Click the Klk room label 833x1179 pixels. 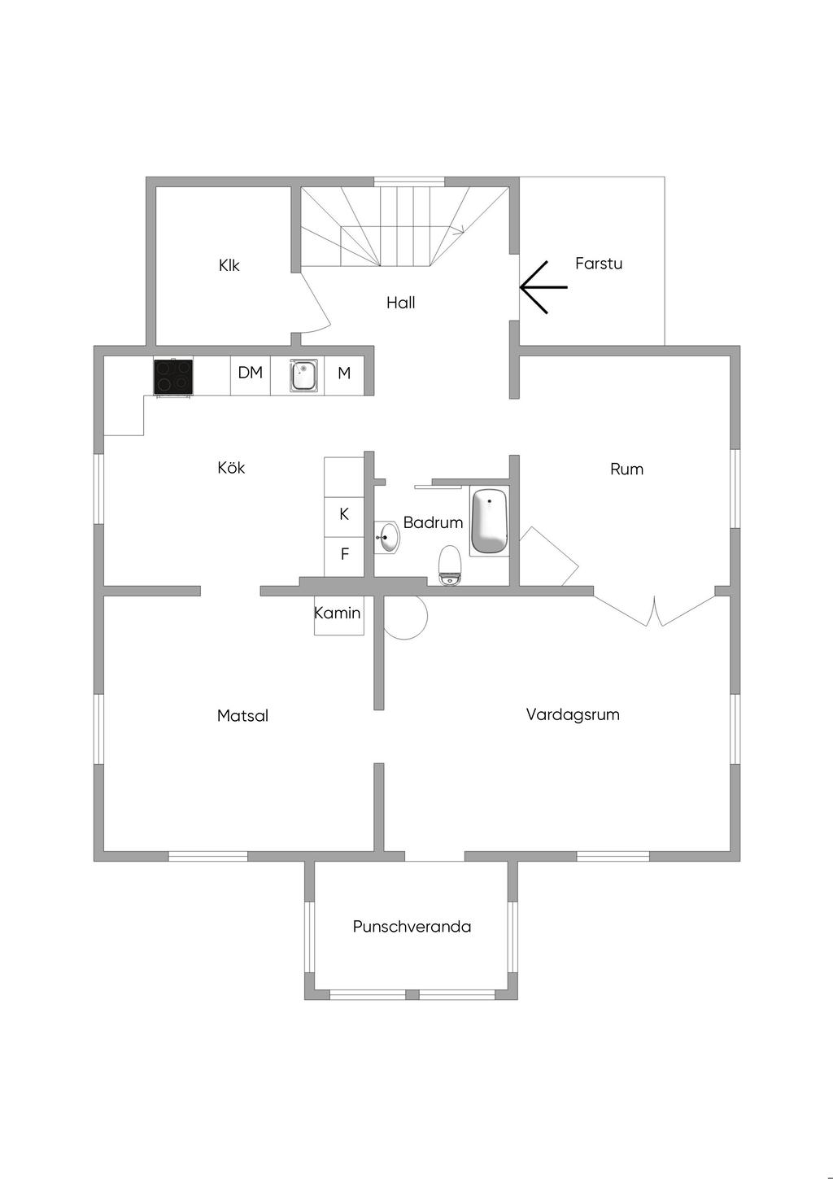[229, 265]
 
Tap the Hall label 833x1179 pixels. [400, 303]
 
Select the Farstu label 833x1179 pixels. [598, 264]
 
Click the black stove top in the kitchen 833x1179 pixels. [173, 376]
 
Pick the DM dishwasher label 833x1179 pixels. [251, 373]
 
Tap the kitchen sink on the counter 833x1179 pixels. [304, 376]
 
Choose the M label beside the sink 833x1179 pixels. [344, 373]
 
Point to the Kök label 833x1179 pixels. [231, 468]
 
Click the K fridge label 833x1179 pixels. [344, 514]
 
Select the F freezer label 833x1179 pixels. [344, 554]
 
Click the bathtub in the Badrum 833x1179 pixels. [489, 521]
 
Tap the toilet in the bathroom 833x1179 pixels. [450, 565]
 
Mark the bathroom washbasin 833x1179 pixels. [388, 538]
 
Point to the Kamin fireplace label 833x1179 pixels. [338, 613]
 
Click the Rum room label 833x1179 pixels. [626, 469]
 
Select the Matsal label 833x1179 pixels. [242, 716]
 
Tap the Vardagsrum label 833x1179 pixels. [573, 714]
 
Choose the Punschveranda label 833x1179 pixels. [412, 927]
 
